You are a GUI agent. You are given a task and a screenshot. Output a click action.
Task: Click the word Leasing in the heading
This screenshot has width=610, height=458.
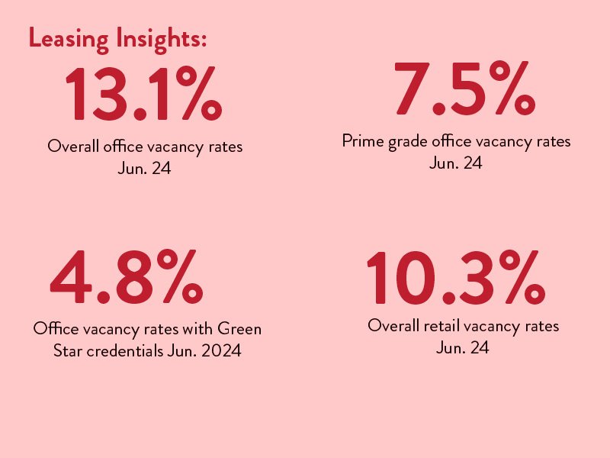[x=69, y=40]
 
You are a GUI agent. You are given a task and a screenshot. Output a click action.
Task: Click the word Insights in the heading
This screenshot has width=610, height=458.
[x=161, y=40]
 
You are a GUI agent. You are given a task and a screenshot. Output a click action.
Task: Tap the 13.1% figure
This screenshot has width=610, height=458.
[x=144, y=93]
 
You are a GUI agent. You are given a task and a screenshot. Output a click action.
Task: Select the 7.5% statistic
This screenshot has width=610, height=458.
[x=465, y=88]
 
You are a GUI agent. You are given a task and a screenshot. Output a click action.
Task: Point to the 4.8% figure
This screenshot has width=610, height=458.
[x=127, y=276]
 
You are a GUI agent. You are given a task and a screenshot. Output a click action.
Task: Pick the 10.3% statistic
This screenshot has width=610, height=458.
[x=455, y=277]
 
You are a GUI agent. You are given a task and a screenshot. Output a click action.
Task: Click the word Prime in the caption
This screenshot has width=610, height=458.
[x=364, y=141]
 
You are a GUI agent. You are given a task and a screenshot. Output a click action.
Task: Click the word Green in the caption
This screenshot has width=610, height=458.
[x=239, y=329]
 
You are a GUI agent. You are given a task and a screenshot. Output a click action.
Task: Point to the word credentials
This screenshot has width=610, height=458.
[x=125, y=351]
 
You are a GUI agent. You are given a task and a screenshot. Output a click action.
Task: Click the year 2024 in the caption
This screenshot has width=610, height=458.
[x=222, y=351]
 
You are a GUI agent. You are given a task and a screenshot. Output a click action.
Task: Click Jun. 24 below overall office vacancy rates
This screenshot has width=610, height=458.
[x=144, y=169]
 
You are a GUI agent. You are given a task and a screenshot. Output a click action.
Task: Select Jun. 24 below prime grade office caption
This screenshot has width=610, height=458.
[x=456, y=163]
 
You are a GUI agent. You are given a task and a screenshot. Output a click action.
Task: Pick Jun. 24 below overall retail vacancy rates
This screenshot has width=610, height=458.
[x=463, y=348]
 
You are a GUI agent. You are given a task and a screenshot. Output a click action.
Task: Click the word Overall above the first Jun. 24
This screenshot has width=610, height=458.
[x=73, y=147]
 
